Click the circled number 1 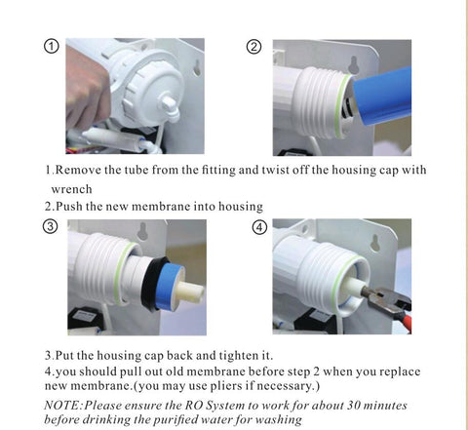[51, 47]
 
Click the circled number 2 [253, 47]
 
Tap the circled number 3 [51, 226]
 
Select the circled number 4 [259, 227]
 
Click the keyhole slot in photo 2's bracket [354, 65]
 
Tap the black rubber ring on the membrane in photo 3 [152, 284]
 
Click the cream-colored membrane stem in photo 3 [190, 290]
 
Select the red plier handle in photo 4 [407, 321]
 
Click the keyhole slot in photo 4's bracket [375, 243]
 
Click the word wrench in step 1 [71, 189]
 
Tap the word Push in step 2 [69, 207]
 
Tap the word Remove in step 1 [78, 170]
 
